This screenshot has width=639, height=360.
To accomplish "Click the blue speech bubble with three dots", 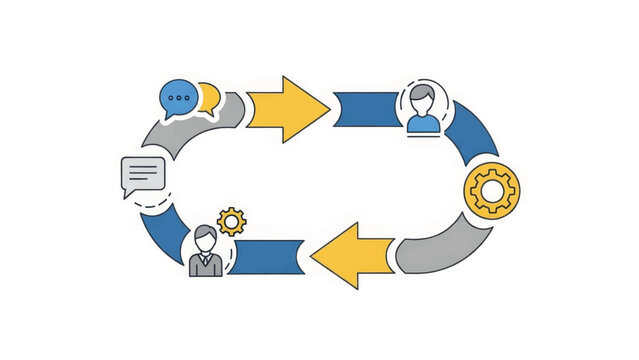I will (178, 98).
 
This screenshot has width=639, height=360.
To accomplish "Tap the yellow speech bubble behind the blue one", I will (209, 96).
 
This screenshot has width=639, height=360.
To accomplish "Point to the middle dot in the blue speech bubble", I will (178, 97).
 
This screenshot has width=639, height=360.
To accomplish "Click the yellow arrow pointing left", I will (352, 256).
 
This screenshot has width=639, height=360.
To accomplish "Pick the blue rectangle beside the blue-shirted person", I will (367, 109).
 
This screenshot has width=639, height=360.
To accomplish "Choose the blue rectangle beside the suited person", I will (266, 256).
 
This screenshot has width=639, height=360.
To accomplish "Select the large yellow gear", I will (492, 190).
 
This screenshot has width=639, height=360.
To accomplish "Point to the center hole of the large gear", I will (492, 190).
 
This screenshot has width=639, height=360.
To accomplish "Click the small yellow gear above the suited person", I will (231, 221).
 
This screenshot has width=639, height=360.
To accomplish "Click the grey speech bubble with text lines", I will (143, 176).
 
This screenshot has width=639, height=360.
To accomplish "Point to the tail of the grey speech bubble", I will (128, 193).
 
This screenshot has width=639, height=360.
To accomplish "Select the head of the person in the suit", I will (204, 238).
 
